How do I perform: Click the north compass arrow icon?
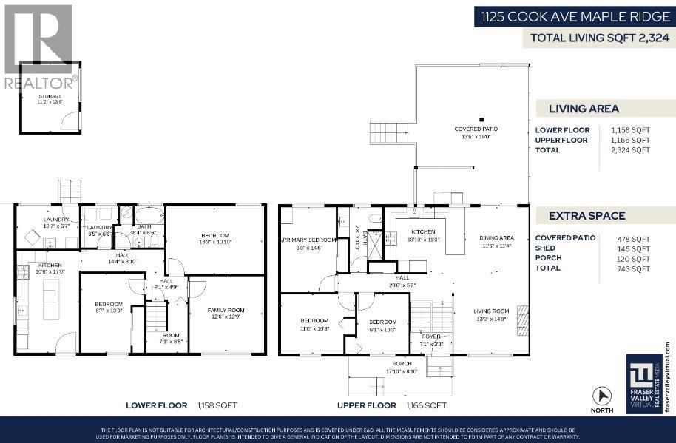pos(602,396)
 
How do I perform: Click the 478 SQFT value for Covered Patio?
pos(634,238)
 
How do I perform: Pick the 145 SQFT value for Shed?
pos(634,248)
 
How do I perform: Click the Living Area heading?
pos(584,109)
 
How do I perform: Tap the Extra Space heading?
pos(587,216)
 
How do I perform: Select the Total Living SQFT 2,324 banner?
pos(598,38)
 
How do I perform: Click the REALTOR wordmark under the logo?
pos(39,82)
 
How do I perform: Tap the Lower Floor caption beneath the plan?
pos(155,405)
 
